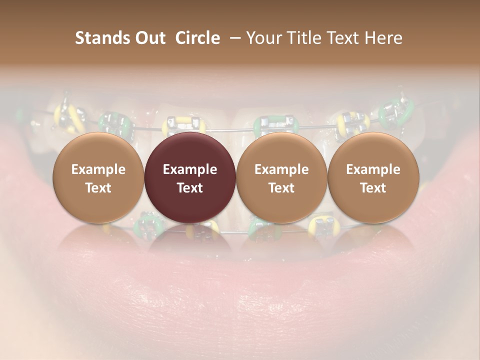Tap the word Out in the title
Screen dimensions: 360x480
(148, 38)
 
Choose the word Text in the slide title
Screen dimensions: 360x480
(341, 38)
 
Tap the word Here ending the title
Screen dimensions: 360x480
(383, 38)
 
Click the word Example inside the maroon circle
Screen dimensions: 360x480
(190, 169)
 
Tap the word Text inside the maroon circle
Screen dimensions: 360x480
(190, 188)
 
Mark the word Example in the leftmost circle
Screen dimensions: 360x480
(98, 169)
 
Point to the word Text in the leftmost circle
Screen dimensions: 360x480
(98, 188)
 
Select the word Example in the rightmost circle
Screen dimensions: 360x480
(373, 169)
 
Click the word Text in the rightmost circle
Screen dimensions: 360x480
(373, 188)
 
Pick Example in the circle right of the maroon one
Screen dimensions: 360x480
(281, 169)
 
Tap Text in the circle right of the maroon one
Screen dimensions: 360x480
(281, 188)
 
